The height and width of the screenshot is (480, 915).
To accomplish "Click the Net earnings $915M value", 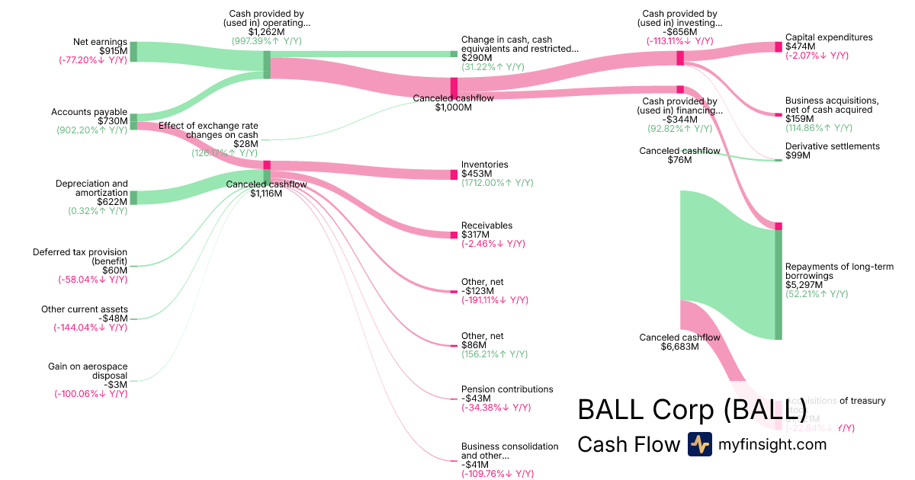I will click(113, 50).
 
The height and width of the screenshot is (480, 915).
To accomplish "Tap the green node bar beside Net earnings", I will click(133, 52).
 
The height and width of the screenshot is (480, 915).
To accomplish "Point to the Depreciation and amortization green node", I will click(133, 197).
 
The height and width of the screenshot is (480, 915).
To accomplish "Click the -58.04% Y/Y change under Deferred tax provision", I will click(92, 280).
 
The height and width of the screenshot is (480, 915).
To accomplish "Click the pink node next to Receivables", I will click(454, 235).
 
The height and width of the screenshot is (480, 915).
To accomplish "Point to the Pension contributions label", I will click(507, 389).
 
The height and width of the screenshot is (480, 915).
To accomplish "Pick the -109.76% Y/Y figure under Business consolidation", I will click(497, 474).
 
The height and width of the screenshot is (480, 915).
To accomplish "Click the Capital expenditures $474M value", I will click(800, 46).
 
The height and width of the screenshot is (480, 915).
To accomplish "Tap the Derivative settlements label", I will click(833, 146).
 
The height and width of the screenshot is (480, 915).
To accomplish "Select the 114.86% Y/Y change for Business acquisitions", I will click(817, 128).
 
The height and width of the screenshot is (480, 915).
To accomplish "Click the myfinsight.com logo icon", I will click(700, 443).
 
